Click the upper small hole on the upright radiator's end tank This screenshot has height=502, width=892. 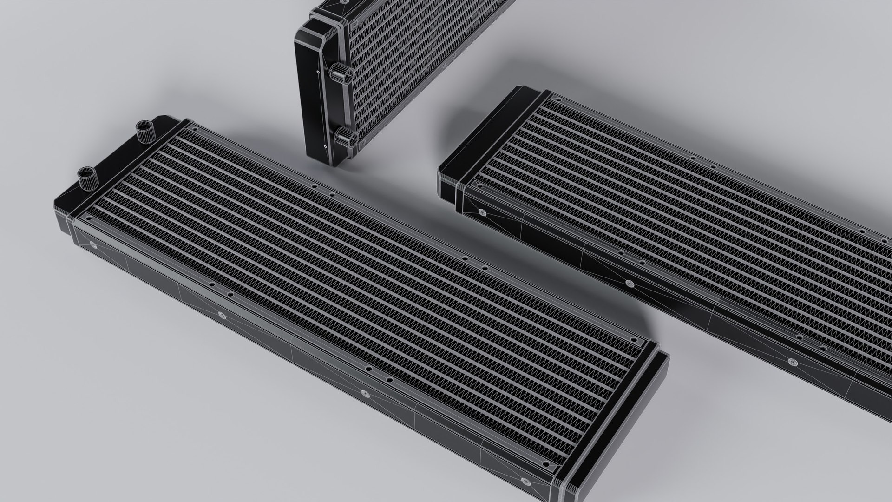click(x=317, y=72)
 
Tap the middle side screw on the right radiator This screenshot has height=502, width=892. click(x=630, y=282)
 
